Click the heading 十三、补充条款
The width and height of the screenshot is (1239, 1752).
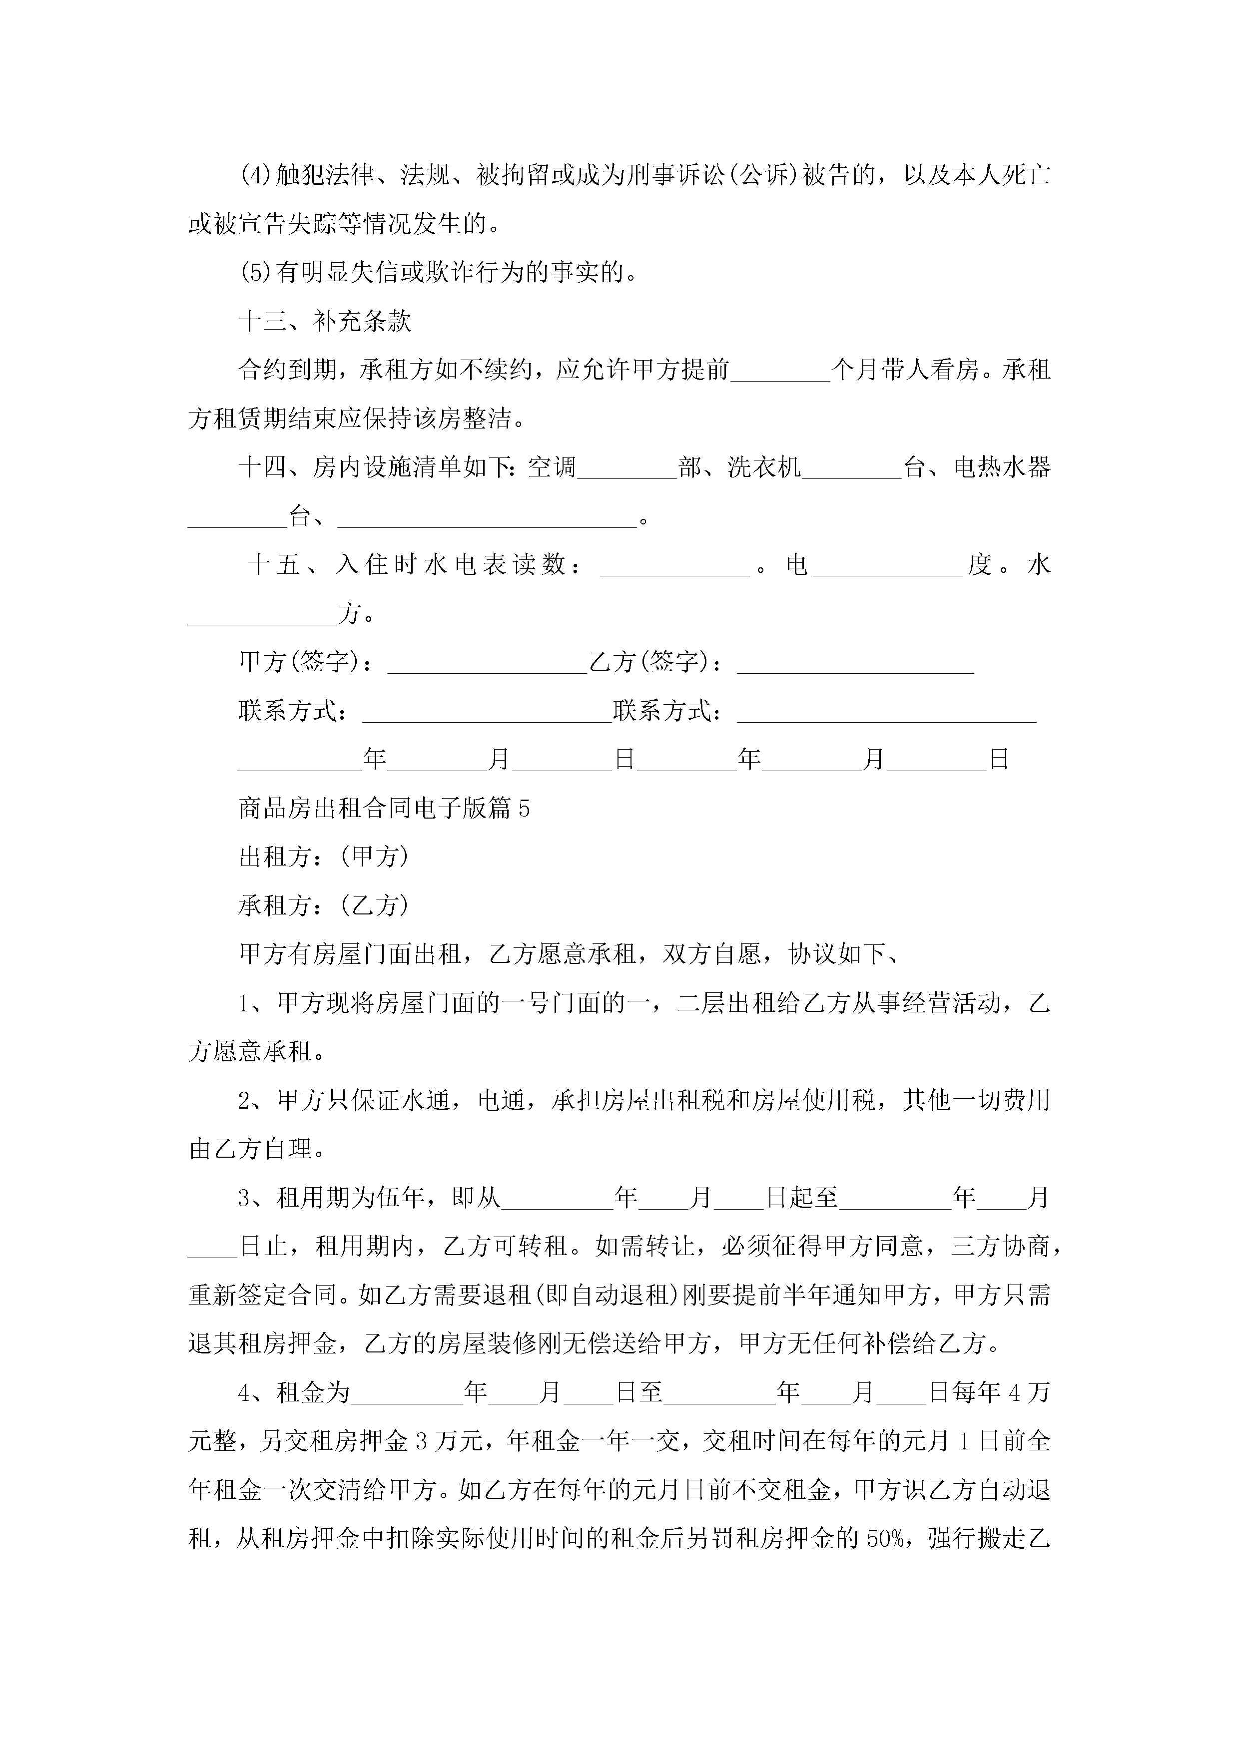point(325,321)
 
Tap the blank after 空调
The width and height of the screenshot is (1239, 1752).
point(627,469)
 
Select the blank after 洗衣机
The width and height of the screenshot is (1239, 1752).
point(852,469)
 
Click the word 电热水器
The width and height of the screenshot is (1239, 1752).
point(1002,467)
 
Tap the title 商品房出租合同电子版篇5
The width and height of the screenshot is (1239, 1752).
point(384,808)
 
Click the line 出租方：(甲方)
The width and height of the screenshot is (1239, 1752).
point(324,857)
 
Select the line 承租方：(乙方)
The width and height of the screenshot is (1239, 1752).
point(324,906)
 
